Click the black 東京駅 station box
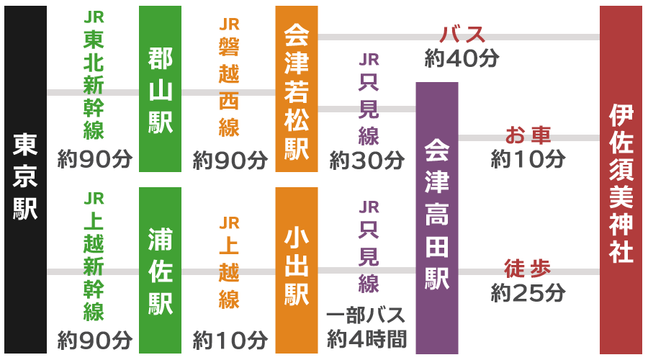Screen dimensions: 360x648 [x=25, y=179]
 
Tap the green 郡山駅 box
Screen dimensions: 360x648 [x=160, y=89]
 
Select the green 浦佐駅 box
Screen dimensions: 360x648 [x=160, y=271]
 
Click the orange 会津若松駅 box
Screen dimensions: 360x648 [x=296, y=89]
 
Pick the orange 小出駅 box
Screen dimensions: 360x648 [x=296, y=271]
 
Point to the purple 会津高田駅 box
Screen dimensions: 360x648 [x=436, y=217]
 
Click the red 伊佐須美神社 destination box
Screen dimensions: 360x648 [x=621, y=179]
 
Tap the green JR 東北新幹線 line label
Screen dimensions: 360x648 [x=94, y=76]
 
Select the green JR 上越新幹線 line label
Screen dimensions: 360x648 [x=94, y=256]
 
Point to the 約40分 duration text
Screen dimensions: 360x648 [x=462, y=58]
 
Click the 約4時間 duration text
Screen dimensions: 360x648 [x=366, y=338]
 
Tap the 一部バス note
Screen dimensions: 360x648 [x=366, y=316]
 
